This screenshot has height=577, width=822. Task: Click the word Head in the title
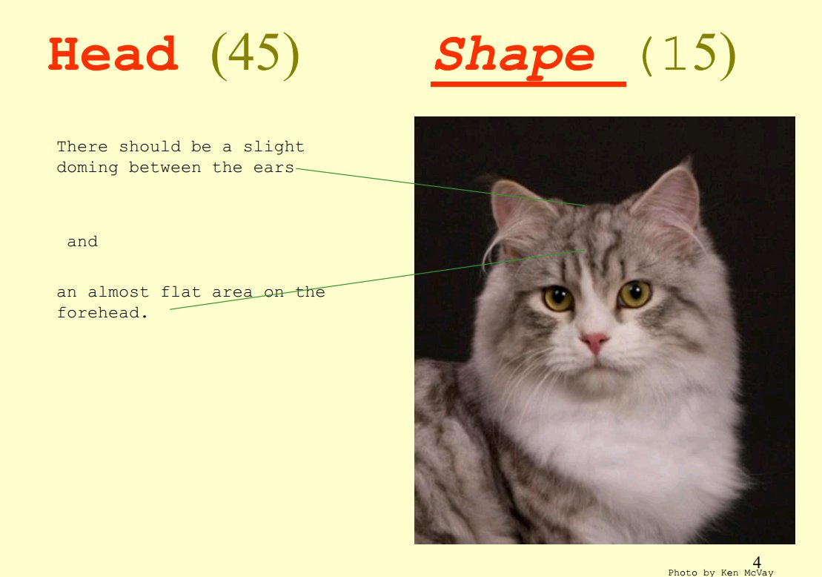113,54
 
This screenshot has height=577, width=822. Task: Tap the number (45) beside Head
255,55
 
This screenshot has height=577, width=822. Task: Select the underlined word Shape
514,56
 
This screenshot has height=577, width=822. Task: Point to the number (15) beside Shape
689,55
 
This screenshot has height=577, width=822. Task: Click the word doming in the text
87,168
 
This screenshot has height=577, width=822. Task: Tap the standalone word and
82,241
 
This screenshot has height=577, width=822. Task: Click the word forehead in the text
102,313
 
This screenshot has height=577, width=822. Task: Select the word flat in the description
181,291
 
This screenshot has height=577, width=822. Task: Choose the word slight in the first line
274,147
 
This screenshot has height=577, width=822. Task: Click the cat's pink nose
594,342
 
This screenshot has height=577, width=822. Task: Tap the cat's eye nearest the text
558,298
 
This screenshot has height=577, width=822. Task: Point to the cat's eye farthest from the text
634,294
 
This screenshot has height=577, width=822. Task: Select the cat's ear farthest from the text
669,200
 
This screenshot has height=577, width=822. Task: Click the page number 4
757,562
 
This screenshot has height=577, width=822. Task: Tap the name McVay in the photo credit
758,573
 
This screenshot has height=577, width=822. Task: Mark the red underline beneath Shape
528,84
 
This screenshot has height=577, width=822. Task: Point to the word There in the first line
82,147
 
